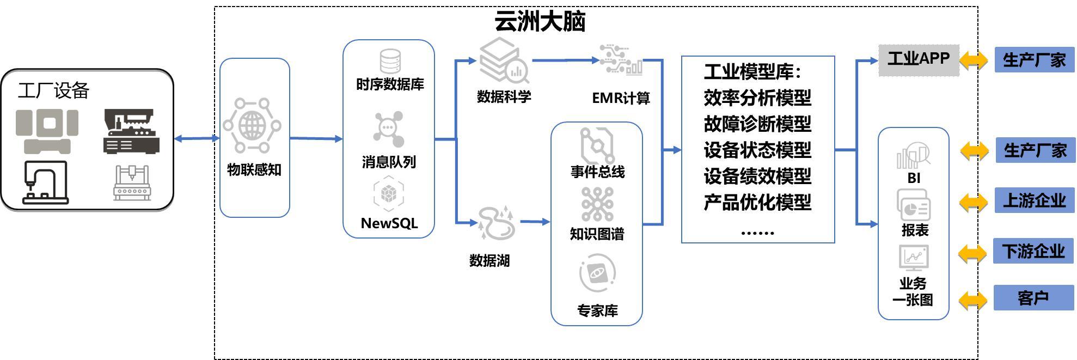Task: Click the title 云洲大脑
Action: pyautogui.click(x=540, y=21)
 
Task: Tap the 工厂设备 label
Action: pyautogui.click(x=53, y=90)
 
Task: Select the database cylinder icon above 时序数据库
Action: pyautogui.click(x=390, y=61)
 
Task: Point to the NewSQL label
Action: pyautogui.click(x=389, y=223)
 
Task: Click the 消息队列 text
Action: pyautogui.click(x=389, y=162)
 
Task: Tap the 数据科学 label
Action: pyautogui.click(x=504, y=97)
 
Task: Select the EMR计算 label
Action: pyautogui.click(x=621, y=98)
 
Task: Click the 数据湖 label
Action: pyautogui.click(x=489, y=260)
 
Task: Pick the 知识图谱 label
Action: pyautogui.click(x=597, y=234)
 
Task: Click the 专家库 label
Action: pyautogui.click(x=597, y=310)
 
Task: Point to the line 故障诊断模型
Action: pyautogui.click(x=757, y=124)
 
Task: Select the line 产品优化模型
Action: pyautogui.click(x=757, y=202)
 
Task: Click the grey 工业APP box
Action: pyautogui.click(x=919, y=59)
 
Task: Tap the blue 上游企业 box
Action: pyautogui.click(x=1034, y=200)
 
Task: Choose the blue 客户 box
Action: pyautogui.click(x=1033, y=298)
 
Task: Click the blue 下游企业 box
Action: pyautogui.click(x=1033, y=251)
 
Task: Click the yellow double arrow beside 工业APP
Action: pyautogui.click(x=974, y=60)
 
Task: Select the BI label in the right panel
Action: pyautogui.click(x=914, y=178)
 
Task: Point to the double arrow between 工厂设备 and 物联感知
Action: pyautogui.click(x=197, y=138)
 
